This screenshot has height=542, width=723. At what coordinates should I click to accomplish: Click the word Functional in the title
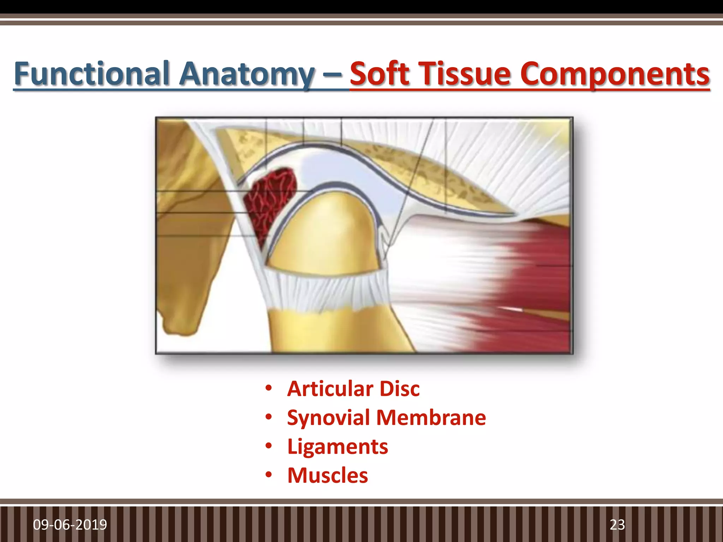click(x=93, y=74)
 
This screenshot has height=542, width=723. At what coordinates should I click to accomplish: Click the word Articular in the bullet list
click(x=330, y=389)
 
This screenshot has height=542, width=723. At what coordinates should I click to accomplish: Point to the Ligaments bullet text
click(x=337, y=447)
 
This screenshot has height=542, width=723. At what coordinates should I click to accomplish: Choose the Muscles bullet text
click(x=328, y=475)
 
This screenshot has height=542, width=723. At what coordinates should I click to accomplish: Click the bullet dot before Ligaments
click(x=269, y=446)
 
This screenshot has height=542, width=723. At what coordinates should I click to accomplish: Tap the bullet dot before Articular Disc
click(x=269, y=389)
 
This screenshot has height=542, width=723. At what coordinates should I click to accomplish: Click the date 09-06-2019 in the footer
click(x=70, y=525)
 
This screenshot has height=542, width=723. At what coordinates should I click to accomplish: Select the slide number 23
click(x=617, y=525)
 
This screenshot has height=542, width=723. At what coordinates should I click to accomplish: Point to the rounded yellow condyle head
click(x=328, y=233)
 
